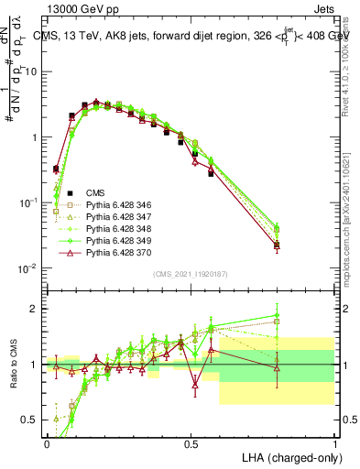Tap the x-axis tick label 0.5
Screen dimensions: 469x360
[191, 442]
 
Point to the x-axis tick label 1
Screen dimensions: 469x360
[334, 442]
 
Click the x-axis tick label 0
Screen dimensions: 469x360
[47, 442]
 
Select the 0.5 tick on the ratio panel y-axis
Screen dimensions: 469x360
[31, 420]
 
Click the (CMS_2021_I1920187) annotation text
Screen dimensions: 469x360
[191, 275]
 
